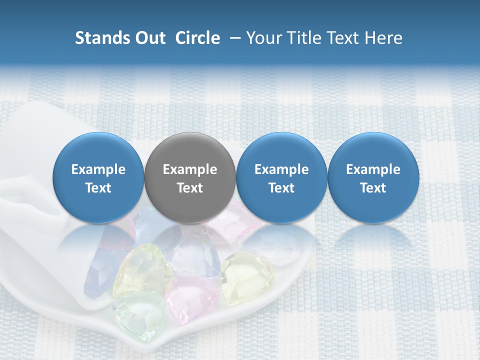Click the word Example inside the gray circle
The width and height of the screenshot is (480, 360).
pyautogui.click(x=190, y=169)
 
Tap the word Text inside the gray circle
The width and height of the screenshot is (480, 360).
pyautogui.click(x=190, y=188)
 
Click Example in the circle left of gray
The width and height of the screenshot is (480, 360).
pyautogui.click(x=98, y=169)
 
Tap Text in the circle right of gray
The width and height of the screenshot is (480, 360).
pyautogui.click(x=281, y=188)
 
